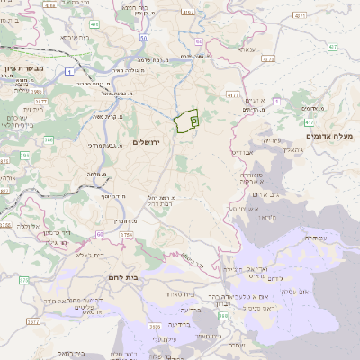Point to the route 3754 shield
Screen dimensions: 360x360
[125, 235]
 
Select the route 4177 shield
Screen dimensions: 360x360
[232, 94]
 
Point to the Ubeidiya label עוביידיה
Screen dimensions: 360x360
[314, 237]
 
